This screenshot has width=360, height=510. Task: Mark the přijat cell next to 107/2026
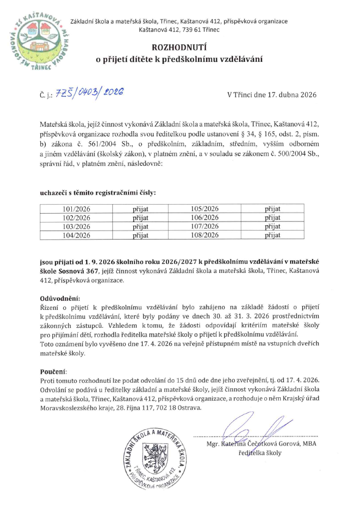(273, 226)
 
